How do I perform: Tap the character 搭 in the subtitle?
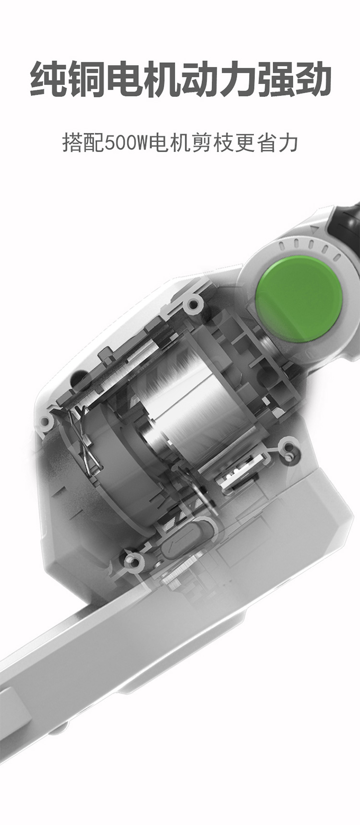point(72,143)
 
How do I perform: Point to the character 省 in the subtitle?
point(266,143)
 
